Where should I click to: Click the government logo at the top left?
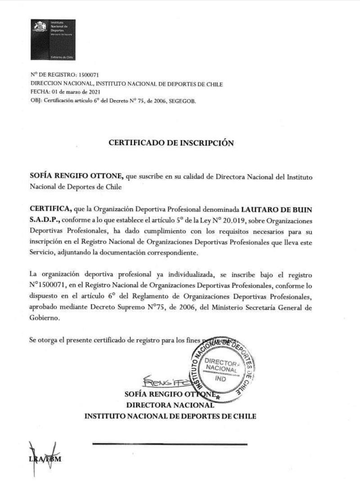53,40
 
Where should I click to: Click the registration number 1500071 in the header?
89,75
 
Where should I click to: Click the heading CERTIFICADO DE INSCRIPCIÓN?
171,143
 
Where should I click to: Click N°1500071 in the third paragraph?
49,285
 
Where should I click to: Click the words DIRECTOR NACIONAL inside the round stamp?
220,365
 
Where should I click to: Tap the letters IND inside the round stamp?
220,379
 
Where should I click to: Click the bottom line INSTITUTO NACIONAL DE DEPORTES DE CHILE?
170,416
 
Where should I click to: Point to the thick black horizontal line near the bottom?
170,444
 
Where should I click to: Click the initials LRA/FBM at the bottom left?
45,459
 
